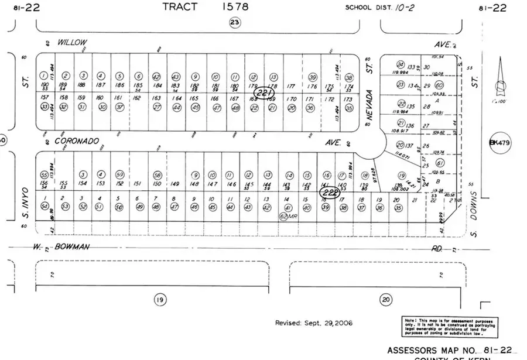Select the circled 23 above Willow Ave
click(x=235, y=22)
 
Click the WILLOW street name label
click(x=72, y=43)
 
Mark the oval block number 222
click(x=329, y=191)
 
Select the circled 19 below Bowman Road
click(x=159, y=300)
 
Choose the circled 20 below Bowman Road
click(x=385, y=300)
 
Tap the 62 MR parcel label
click(x=285, y=216)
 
